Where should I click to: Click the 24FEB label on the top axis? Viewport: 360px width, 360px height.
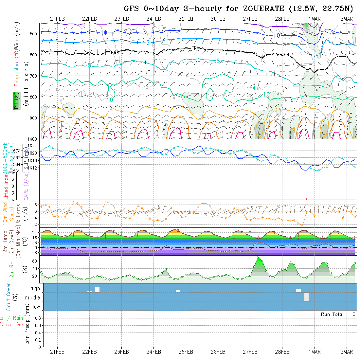[153, 19]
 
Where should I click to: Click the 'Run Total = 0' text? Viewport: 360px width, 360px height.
[338, 314]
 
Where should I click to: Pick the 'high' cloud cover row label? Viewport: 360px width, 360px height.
[35, 288]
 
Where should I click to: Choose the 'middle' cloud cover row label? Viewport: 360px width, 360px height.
[33, 298]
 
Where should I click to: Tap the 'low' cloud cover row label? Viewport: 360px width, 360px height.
[36, 307]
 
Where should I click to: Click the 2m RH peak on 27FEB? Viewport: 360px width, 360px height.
[258, 257]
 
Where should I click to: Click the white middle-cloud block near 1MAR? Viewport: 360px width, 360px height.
[306, 297]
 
